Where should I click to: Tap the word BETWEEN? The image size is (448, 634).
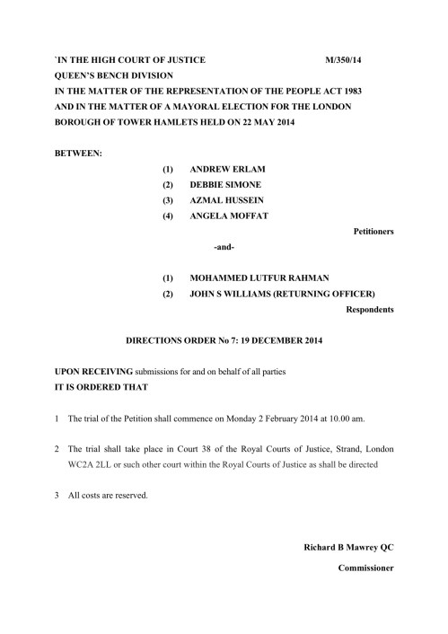[x=78, y=153]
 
